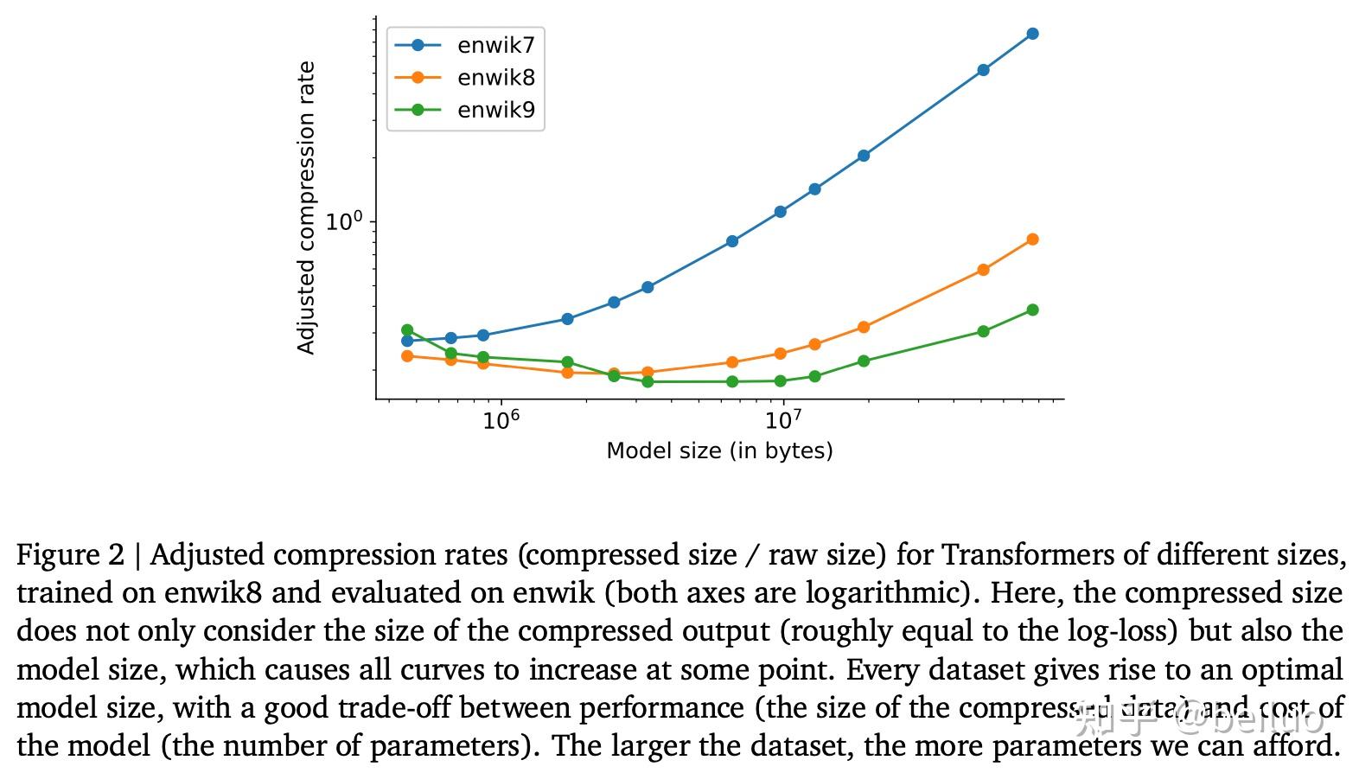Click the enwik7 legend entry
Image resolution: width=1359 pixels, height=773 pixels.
[x=494, y=45]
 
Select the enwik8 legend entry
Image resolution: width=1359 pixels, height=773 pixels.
[x=494, y=78]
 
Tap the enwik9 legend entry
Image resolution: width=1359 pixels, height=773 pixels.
[x=494, y=110]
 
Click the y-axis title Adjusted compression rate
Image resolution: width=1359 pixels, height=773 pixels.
[x=305, y=208]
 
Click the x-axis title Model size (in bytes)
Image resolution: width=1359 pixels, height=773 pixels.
[x=719, y=450]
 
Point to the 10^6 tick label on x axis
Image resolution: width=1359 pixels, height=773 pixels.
[x=501, y=419]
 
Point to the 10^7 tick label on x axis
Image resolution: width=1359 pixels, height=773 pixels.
[x=783, y=419]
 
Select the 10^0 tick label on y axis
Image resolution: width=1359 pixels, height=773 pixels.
[x=344, y=220]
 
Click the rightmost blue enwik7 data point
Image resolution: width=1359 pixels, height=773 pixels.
[x=1032, y=34]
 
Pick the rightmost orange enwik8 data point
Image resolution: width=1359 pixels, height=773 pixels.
[x=1032, y=240]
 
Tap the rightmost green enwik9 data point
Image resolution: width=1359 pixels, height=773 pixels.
[x=1032, y=310]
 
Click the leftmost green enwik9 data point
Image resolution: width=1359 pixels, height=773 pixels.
[x=407, y=330]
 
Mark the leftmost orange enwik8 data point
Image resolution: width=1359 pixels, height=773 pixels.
[x=407, y=355]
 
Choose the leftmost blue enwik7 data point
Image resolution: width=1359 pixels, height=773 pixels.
[x=407, y=341]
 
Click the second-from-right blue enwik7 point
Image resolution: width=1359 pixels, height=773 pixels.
[x=983, y=70]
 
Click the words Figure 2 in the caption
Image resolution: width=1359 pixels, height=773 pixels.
[x=70, y=554]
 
